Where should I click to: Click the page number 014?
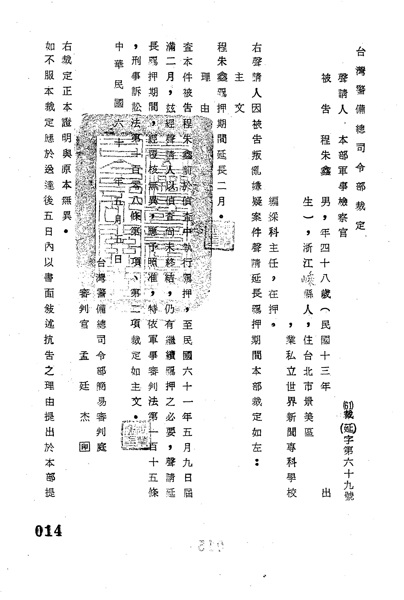pos(49,531)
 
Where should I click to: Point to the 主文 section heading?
pos(240,93)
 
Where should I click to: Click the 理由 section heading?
pos(205,93)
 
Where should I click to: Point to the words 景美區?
pos(308,416)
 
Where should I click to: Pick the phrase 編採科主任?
pos(273,232)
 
